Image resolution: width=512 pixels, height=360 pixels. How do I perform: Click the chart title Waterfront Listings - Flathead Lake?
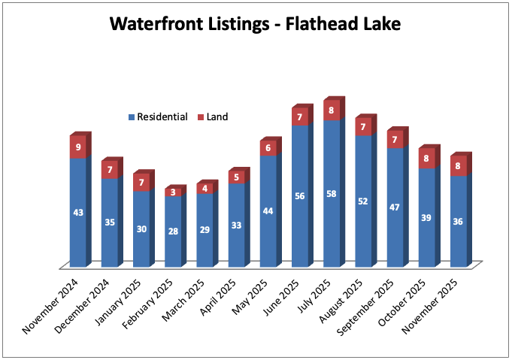click(x=256, y=23)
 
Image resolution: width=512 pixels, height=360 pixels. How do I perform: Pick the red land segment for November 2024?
click(x=77, y=147)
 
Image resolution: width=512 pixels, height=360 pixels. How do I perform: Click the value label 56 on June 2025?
click(x=300, y=195)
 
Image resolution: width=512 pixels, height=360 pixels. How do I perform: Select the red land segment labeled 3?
click(x=173, y=192)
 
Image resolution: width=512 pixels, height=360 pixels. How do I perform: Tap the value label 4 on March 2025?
click(x=204, y=189)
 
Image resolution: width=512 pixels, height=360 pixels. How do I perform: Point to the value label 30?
click(x=141, y=228)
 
